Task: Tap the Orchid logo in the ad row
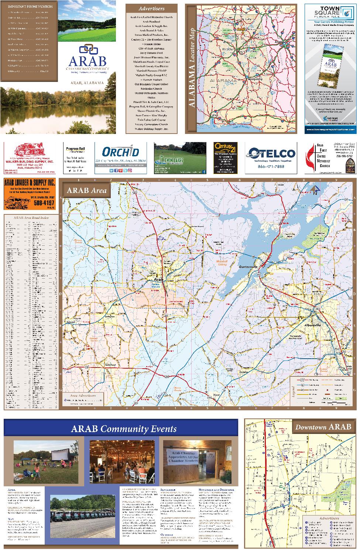(x=120, y=152)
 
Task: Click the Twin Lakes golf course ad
(x=180, y=158)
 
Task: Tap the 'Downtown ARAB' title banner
(x=323, y=427)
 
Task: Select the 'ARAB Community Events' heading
(x=124, y=429)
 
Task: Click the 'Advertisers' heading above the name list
(x=151, y=8)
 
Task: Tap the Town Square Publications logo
(x=330, y=13)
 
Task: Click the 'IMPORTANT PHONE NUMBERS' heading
(x=30, y=7)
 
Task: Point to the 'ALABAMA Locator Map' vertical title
(x=192, y=68)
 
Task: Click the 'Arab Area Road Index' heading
(x=31, y=218)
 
